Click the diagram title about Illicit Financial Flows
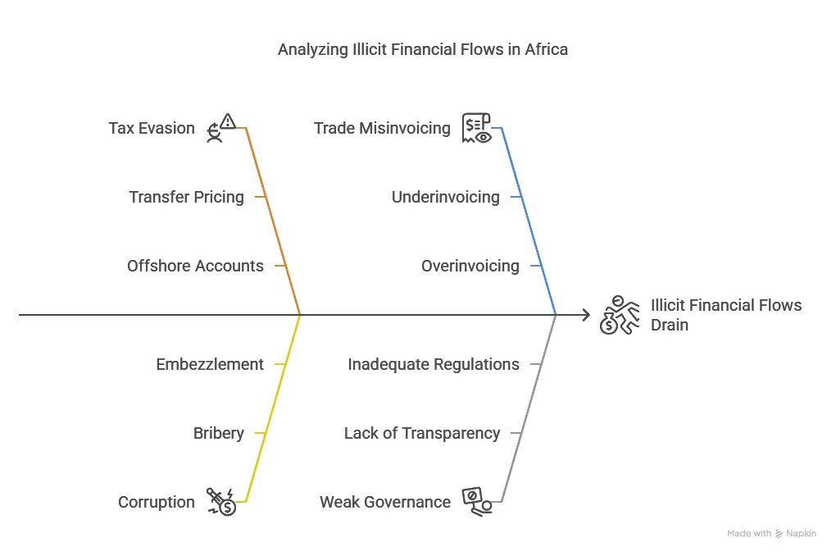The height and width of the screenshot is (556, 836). tap(422, 49)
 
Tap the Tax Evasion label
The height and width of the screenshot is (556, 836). tap(152, 128)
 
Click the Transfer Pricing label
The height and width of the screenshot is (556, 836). tap(186, 197)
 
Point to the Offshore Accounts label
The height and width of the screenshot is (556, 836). tap(195, 266)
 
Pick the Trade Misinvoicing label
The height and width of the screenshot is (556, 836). tap(382, 128)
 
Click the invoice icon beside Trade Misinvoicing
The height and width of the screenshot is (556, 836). tap(476, 128)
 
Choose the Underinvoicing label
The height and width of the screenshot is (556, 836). tap(445, 197)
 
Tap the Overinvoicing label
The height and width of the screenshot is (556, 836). tap(470, 266)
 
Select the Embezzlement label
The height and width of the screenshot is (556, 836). tap(210, 364)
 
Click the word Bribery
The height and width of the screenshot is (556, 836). tap(218, 433)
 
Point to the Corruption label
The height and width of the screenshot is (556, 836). tap(157, 502)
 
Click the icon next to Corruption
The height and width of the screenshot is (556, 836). tap(221, 501)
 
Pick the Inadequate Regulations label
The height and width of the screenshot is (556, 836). tap(433, 364)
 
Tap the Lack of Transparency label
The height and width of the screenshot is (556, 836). tap(421, 433)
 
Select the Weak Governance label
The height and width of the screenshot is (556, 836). tap(384, 502)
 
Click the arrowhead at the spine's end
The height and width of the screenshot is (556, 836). tap(585, 315)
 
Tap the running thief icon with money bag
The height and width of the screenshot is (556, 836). tap(620, 315)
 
